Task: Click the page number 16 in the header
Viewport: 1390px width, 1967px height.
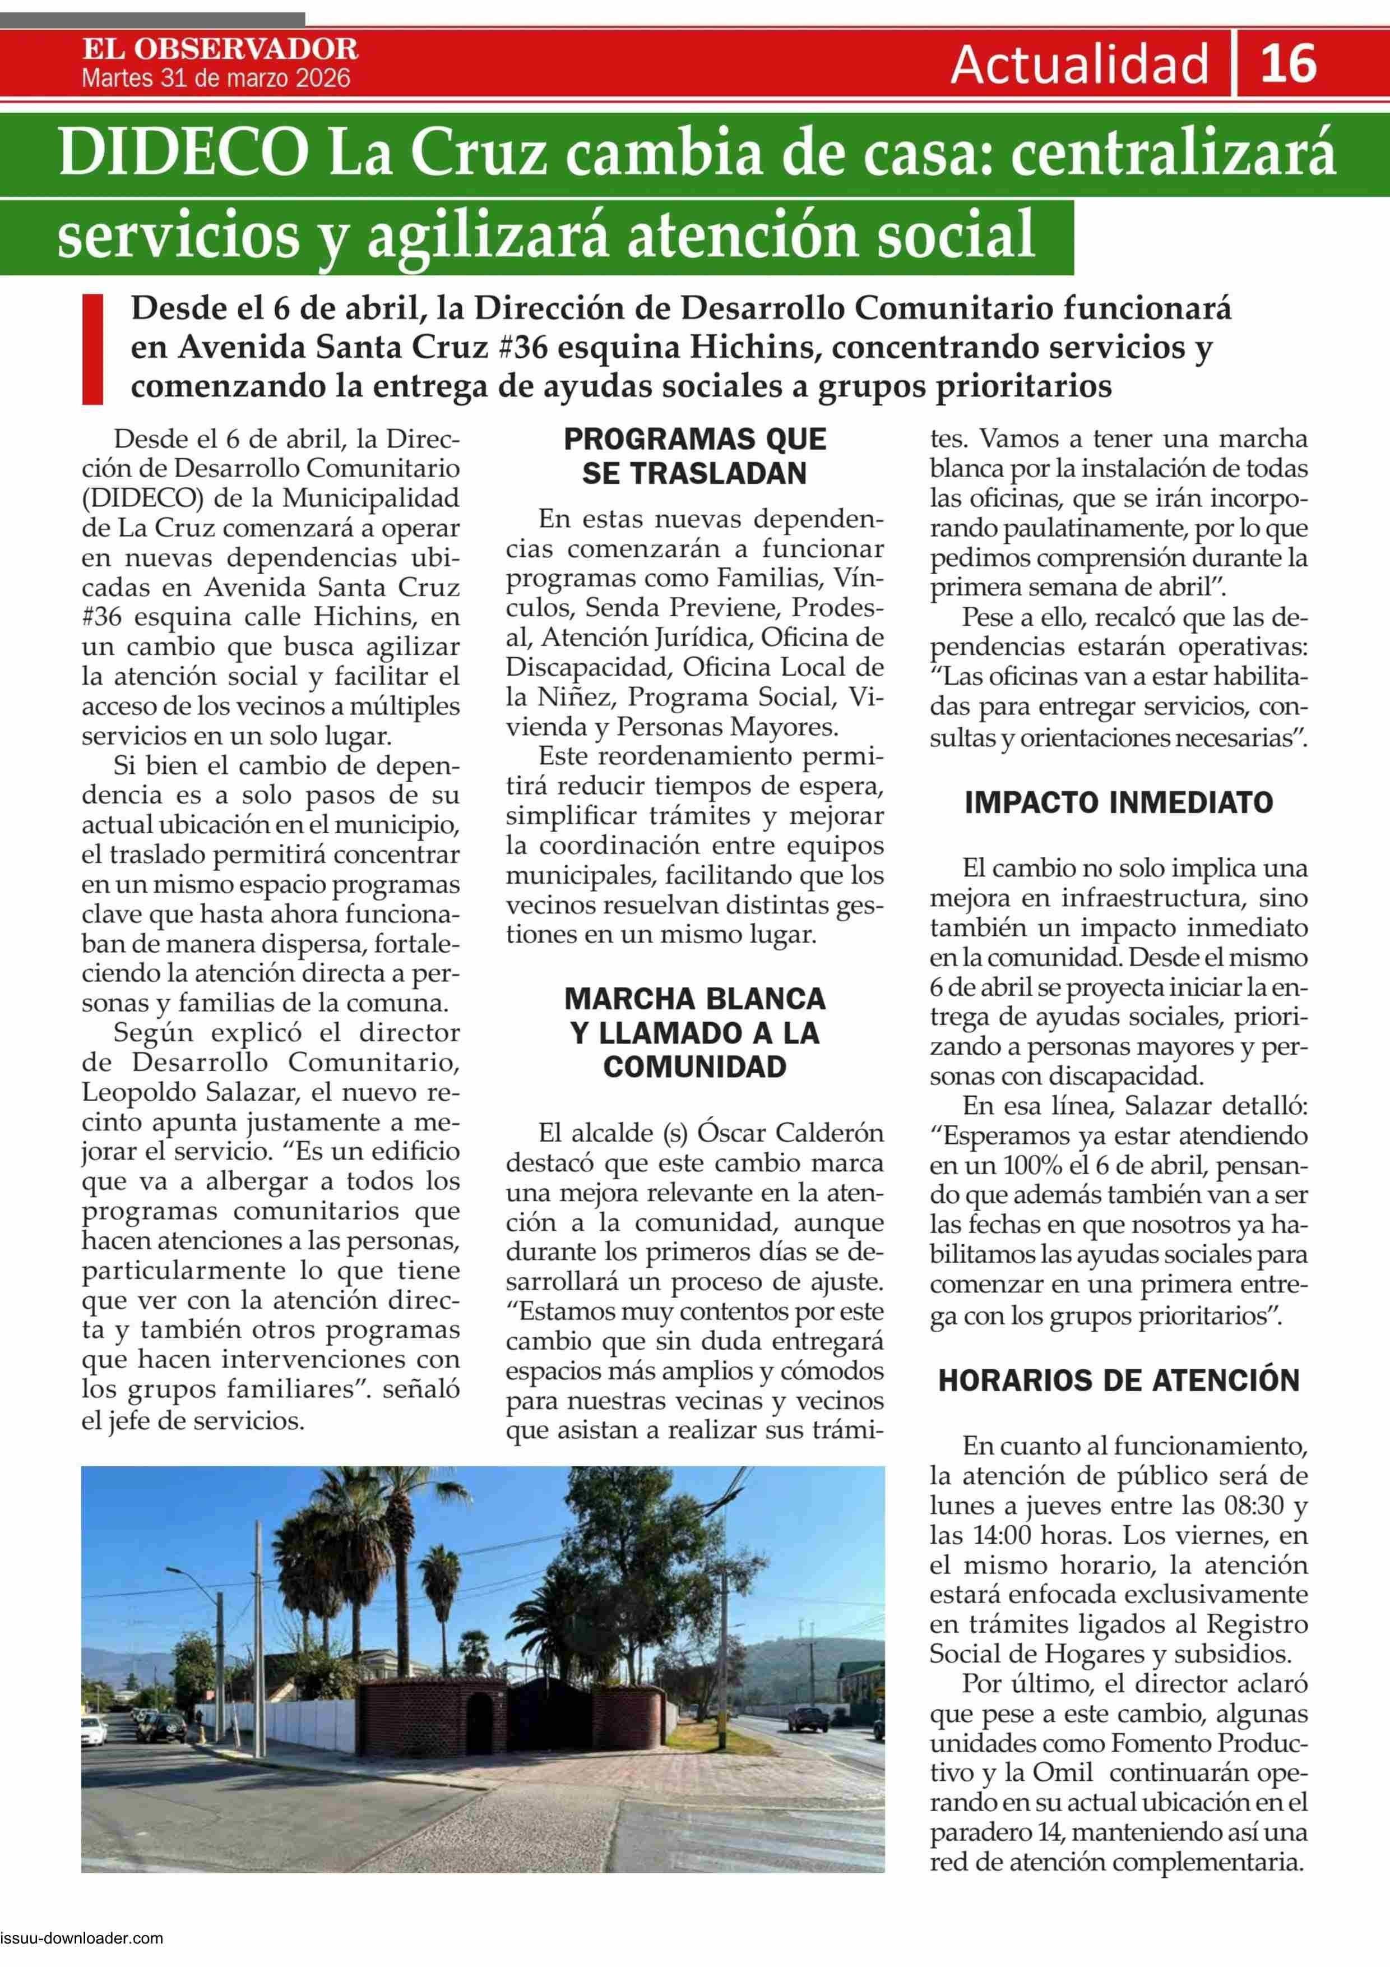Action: (1288, 63)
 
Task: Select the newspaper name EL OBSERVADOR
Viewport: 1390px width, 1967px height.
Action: (220, 48)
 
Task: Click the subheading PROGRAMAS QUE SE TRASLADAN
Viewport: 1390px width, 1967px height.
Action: (694, 456)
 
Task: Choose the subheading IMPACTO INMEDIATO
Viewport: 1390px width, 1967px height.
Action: (1119, 803)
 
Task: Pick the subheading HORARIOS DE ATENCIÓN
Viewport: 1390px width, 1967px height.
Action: (1119, 1380)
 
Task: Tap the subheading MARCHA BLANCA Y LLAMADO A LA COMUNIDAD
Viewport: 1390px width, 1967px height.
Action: (694, 1032)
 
